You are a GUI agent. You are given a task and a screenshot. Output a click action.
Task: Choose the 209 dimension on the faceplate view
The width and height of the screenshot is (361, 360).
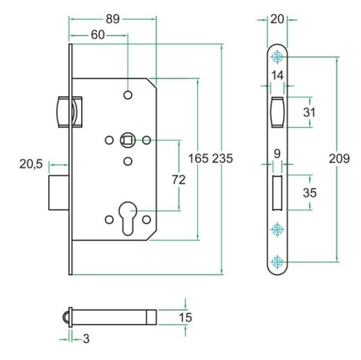[x=340, y=159]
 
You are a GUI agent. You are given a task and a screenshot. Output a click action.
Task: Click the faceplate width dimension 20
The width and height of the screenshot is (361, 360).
[x=277, y=19]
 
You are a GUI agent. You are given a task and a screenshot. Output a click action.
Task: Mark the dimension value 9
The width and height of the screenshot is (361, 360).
[x=277, y=153]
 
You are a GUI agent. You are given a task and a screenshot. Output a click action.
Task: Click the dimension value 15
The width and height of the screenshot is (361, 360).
[x=185, y=316]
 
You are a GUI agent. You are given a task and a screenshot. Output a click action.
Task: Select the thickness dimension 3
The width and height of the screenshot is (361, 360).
[x=86, y=339]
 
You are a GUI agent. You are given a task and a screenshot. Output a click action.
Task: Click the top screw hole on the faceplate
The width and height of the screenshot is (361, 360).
[x=277, y=57]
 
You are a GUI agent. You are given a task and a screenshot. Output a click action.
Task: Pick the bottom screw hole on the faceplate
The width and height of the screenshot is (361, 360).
[x=277, y=261]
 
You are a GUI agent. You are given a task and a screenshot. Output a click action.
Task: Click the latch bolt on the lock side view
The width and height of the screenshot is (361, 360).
[x=63, y=111]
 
